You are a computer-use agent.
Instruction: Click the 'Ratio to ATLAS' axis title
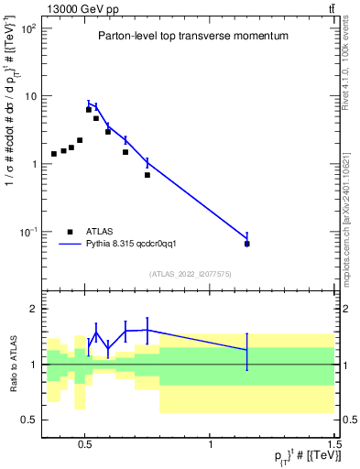[x=12, y=364]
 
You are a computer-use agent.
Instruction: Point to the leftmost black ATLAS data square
[x=54, y=154]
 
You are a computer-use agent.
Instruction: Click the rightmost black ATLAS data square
[x=246, y=244]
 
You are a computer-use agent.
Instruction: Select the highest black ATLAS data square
[x=89, y=110]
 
